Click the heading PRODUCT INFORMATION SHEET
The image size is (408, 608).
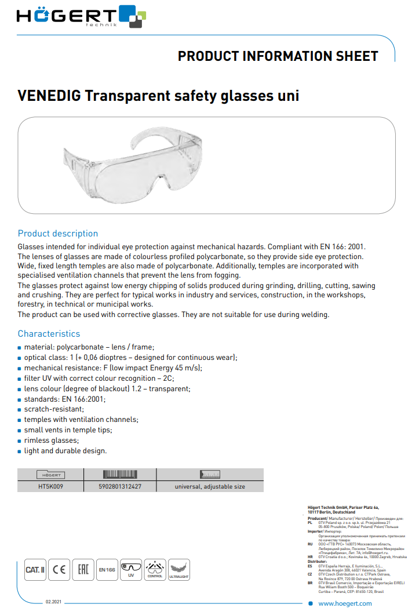tap(278, 56)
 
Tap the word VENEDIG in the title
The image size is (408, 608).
tap(49, 96)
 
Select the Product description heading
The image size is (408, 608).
tap(58, 234)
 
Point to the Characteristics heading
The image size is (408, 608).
tap(49, 334)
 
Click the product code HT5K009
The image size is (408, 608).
tap(50, 487)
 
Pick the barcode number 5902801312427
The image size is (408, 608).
tap(121, 487)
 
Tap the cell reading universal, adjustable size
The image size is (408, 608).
tap(210, 487)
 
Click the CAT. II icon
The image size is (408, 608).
tap(35, 570)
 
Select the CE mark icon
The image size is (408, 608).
tap(59, 570)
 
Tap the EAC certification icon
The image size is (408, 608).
tap(83, 570)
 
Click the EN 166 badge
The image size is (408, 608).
tap(107, 570)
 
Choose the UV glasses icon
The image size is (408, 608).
tap(131, 570)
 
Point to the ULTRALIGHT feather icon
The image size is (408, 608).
tap(178, 570)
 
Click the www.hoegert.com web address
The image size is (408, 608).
tap(345, 603)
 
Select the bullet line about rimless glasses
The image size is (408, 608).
tap(51, 440)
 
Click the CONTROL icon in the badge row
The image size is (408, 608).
tap(155, 570)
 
